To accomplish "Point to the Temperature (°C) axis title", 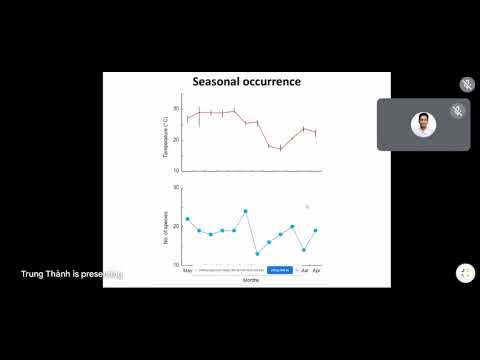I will [x=166, y=139].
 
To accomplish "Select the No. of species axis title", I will [x=166, y=226].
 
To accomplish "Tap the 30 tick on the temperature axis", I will [x=176, y=108].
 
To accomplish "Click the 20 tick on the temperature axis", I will [x=176, y=140].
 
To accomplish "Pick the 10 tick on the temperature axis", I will [x=176, y=171].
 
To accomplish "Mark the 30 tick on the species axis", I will [x=176, y=188].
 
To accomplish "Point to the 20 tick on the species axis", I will [x=176, y=226].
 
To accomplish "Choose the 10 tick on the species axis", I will [x=176, y=264].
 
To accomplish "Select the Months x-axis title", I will [x=253, y=280].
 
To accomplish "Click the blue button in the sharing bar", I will [x=279, y=270].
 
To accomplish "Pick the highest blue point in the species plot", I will [x=245, y=211].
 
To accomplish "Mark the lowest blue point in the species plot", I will [x=257, y=253].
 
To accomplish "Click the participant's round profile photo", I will [x=424, y=124].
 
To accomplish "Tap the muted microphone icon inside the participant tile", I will [x=457, y=110].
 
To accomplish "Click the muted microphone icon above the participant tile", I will [x=467, y=84].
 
